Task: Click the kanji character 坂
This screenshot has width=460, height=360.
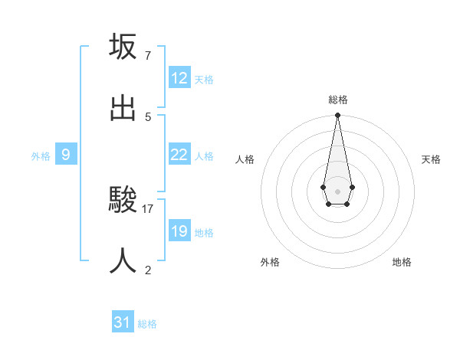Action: (123, 47)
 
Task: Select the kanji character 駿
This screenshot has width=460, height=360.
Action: (123, 200)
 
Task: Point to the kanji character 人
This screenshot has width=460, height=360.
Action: (123, 261)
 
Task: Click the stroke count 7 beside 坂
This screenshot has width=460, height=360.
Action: (147, 55)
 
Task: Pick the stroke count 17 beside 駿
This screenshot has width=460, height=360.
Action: (148, 208)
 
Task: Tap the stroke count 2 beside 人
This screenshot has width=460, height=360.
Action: (147, 270)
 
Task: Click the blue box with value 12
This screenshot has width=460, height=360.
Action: (179, 78)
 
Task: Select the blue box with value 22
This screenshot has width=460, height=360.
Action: (179, 155)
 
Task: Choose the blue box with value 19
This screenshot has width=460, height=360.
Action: (179, 231)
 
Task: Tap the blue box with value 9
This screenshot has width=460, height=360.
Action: (66, 155)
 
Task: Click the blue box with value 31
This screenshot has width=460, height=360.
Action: (123, 322)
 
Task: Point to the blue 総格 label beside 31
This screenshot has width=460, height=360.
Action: (147, 324)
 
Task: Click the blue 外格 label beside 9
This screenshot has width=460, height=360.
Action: (41, 156)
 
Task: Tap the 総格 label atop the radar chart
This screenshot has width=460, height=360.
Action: (338, 100)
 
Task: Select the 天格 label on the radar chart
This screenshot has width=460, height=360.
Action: (431, 159)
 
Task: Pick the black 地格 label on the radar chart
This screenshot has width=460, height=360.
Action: (402, 262)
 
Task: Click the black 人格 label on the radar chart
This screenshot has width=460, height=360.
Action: (245, 159)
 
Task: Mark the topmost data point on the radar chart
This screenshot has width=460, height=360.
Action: (337, 115)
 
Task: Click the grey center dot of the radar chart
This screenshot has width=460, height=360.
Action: (337, 190)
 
